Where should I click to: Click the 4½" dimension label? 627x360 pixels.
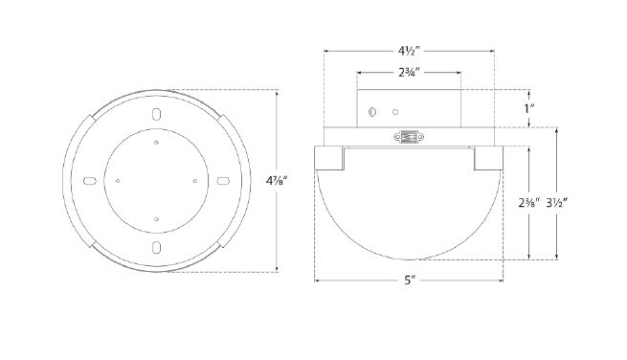pos(409,51)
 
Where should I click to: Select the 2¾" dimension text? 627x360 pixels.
pos(409,73)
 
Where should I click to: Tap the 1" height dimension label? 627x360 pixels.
pos(529,108)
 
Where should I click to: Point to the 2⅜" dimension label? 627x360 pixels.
pos(529,203)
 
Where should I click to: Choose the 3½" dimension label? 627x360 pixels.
pos(557,203)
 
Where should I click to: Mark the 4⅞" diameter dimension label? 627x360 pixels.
pos(277,181)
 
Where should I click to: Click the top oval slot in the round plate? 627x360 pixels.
pos(156,114)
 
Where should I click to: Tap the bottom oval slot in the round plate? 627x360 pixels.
pos(156,247)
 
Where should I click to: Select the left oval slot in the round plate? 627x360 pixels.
pos(90,181)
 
